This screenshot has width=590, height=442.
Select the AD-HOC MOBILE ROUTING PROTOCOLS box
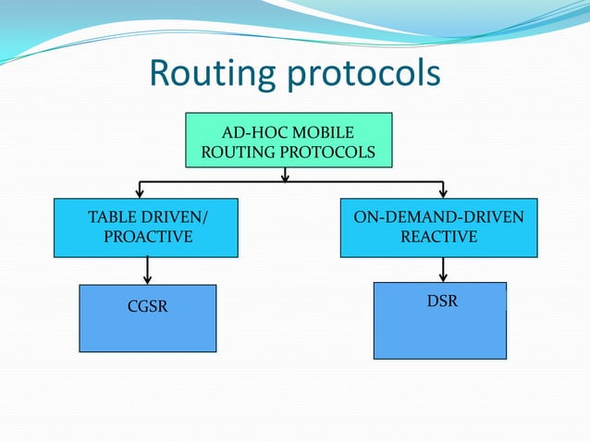tap(289, 140)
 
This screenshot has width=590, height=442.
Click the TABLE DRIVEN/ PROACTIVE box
tap(147, 227)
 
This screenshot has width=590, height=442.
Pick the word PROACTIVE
tap(148, 238)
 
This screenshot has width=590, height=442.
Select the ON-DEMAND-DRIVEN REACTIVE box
tap(438, 227)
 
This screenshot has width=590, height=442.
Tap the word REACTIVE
tap(438, 238)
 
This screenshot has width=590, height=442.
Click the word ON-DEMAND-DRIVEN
tap(438, 218)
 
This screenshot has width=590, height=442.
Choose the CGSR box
tap(148, 318)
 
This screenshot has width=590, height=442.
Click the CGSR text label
tap(148, 307)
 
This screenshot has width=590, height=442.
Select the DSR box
tap(440, 320)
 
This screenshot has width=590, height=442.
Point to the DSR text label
tap(443, 301)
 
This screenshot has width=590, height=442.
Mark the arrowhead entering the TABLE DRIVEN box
tap(140, 192)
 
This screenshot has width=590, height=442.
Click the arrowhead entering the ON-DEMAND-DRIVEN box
tap(444, 192)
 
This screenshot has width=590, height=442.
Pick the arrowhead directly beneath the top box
tap(285, 176)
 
